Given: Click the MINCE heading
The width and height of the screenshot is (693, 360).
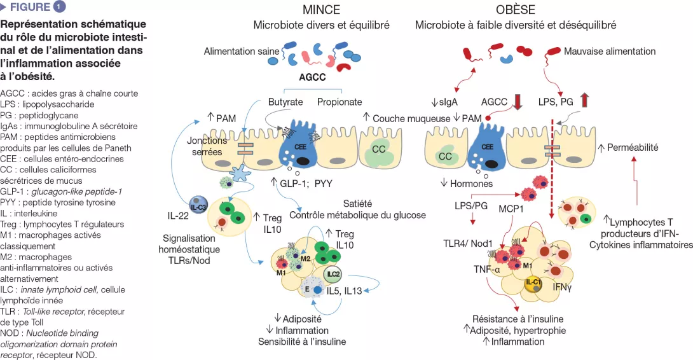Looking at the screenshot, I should [321, 10].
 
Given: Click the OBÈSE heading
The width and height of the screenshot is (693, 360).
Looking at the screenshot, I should [516, 10].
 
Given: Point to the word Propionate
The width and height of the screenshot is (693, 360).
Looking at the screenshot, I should [340, 102].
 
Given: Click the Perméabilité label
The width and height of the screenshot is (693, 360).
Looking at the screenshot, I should [633, 148].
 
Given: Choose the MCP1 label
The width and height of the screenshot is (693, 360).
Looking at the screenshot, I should [511, 209].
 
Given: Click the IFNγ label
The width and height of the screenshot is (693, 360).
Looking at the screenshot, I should [563, 287].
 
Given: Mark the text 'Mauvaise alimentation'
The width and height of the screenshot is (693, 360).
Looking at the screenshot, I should [609, 51].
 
